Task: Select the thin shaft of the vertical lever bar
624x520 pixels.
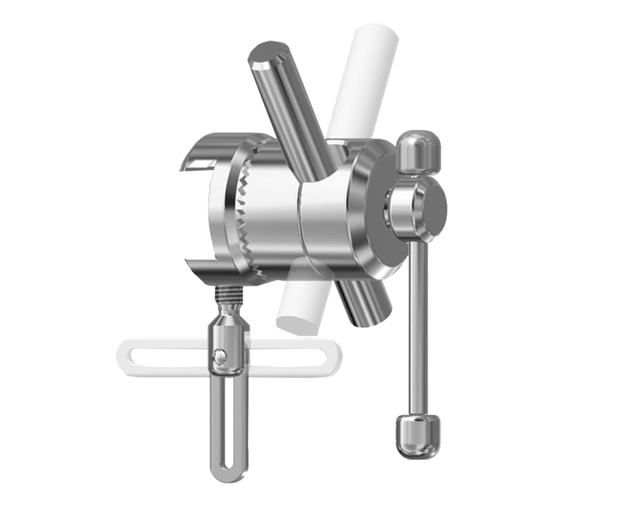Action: click(418, 325)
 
